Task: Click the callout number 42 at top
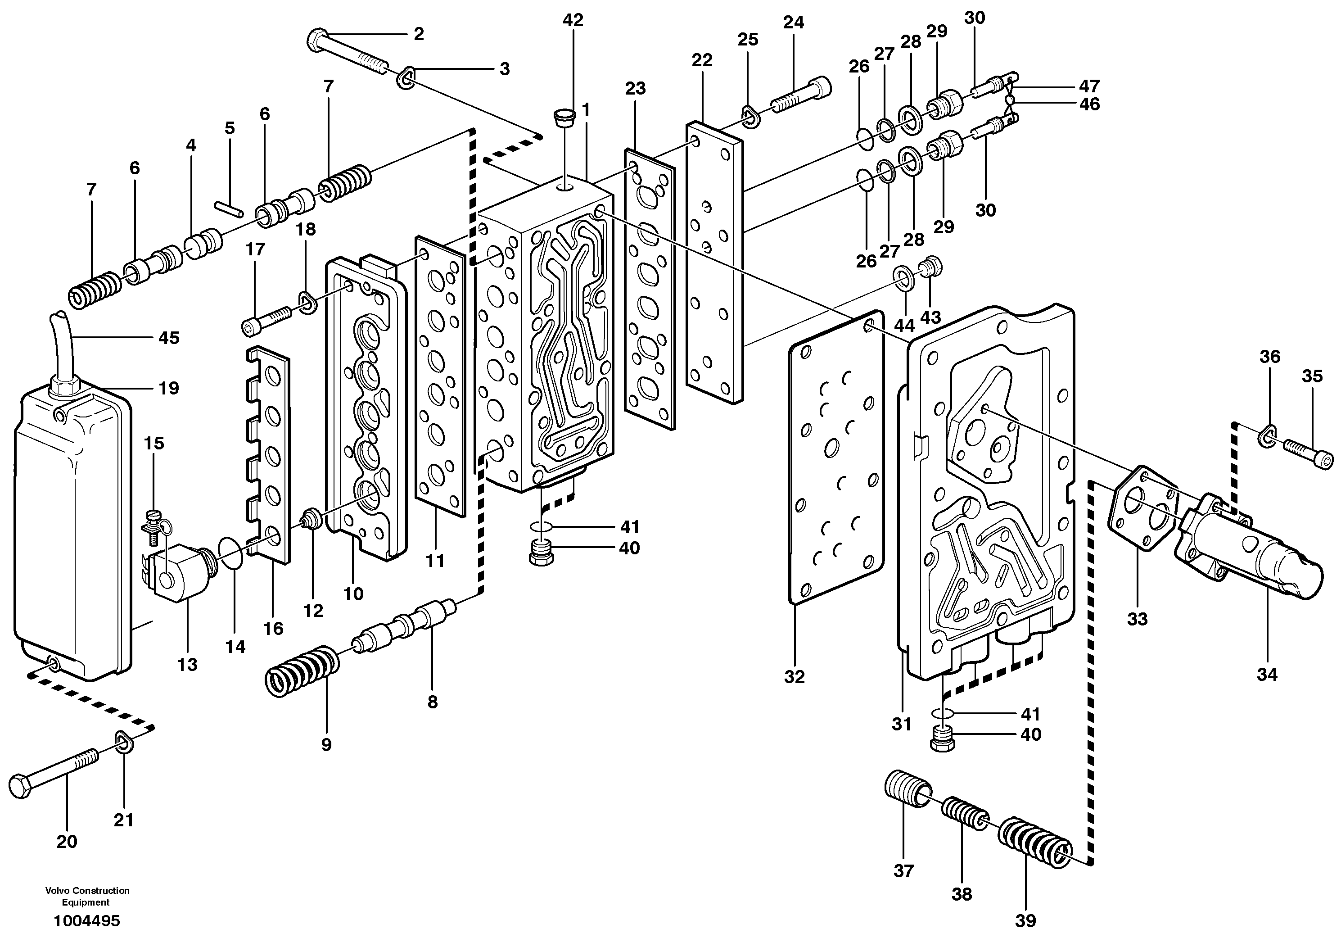(x=573, y=20)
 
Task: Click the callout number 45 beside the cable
(x=169, y=338)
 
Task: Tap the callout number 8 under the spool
(x=432, y=702)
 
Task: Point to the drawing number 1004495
(x=86, y=921)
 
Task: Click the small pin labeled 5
(x=228, y=208)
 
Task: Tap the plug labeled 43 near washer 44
(x=931, y=267)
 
